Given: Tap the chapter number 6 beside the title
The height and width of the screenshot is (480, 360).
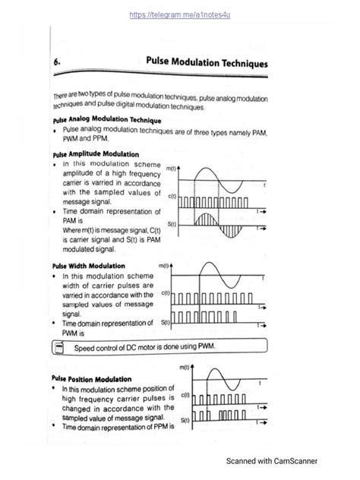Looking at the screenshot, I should (58, 65).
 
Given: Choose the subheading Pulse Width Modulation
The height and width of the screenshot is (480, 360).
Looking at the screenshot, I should (86, 267).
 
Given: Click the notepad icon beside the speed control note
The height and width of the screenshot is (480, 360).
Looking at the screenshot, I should (58, 348).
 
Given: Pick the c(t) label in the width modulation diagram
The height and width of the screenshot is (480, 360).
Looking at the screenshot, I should (165, 294).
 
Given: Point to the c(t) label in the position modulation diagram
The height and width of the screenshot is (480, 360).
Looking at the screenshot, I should (185, 395).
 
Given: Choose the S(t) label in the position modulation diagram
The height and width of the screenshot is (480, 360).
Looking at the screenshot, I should (185, 418).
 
